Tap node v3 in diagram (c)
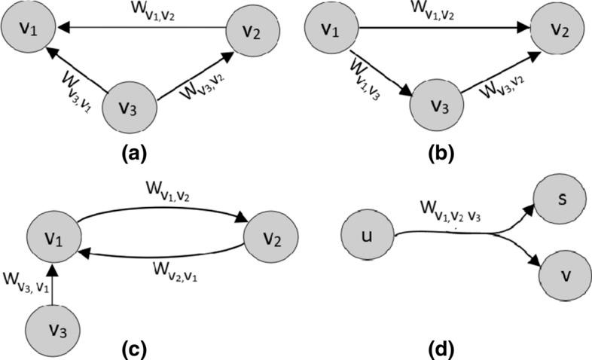click(x=53, y=331)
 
